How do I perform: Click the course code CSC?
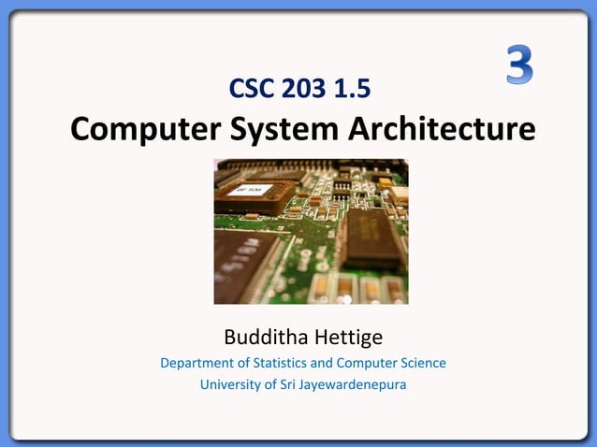pos(253,89)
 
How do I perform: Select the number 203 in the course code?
pos(305,89)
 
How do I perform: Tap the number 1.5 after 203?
pos(354,89)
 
